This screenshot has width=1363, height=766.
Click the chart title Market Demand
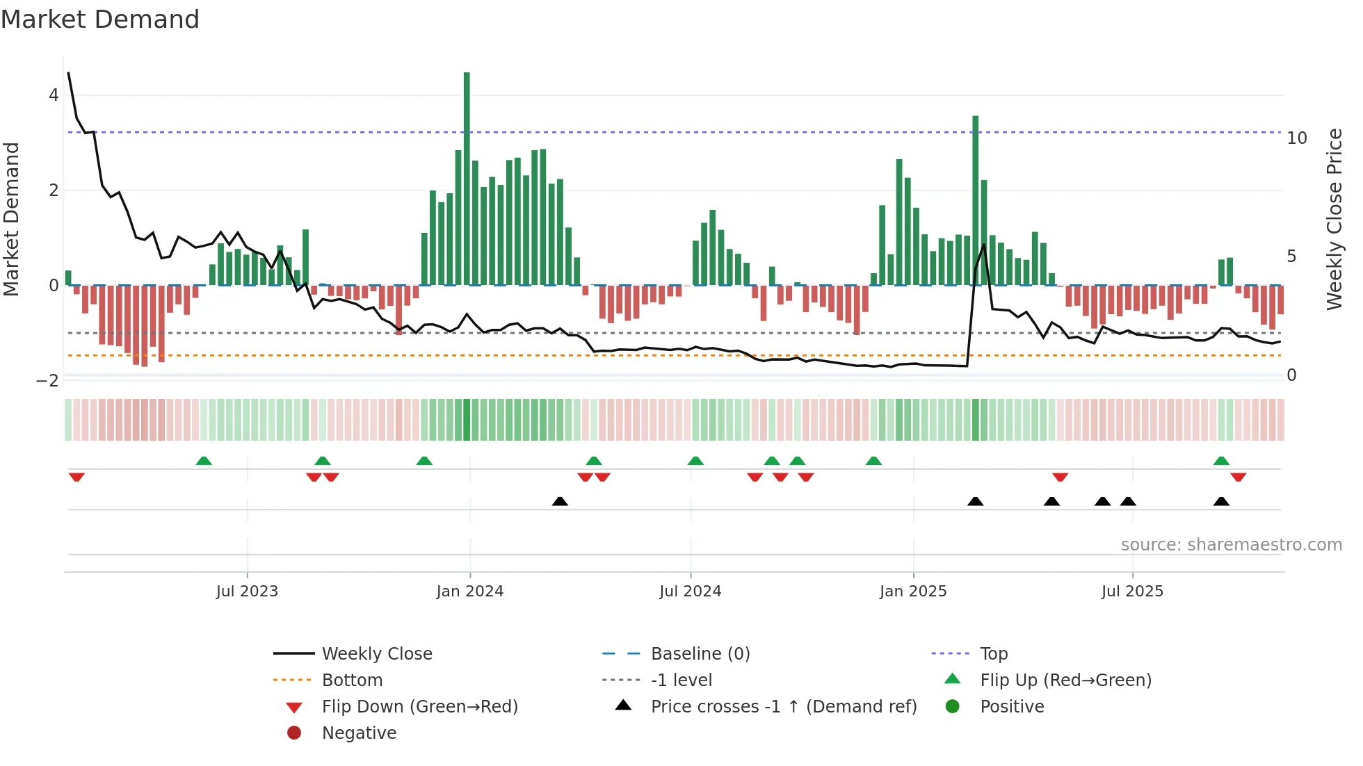100,19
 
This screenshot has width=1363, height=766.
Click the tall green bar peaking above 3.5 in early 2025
975,202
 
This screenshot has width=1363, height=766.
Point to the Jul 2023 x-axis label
247,592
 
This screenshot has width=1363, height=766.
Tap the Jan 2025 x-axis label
913,592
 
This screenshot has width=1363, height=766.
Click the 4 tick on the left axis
54,95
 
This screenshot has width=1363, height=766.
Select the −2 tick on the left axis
48,380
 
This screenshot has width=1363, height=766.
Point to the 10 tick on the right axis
1296,138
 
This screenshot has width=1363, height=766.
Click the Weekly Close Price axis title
1334,219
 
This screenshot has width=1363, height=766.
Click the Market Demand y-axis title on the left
12,219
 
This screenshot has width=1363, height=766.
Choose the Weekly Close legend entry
376,654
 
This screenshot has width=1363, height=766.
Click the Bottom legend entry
352,681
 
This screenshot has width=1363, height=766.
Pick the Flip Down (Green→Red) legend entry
419,707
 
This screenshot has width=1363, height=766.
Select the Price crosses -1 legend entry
783,707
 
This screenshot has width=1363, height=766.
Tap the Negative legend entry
359,733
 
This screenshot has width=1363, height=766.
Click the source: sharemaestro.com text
1231,545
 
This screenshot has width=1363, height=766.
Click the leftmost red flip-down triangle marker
76,477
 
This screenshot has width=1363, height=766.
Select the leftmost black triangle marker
560,501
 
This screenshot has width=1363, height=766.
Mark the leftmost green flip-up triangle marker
204,461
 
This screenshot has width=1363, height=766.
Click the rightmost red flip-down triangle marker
1238,477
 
